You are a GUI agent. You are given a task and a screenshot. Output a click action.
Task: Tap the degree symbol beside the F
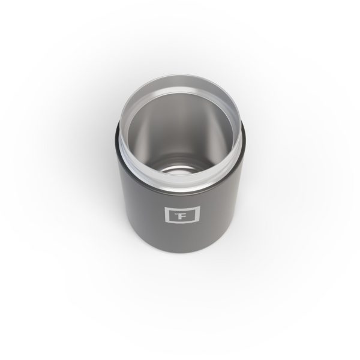pyautogui.click(x=169, y=211)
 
